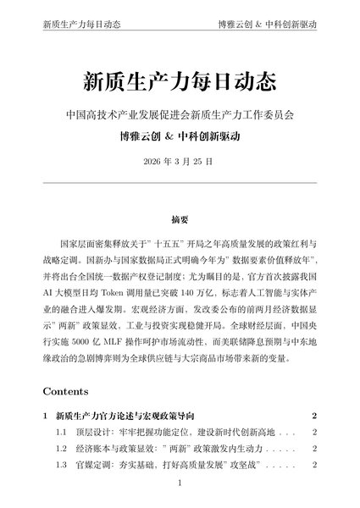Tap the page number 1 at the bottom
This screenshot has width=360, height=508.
180,485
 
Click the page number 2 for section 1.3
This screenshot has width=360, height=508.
313,466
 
